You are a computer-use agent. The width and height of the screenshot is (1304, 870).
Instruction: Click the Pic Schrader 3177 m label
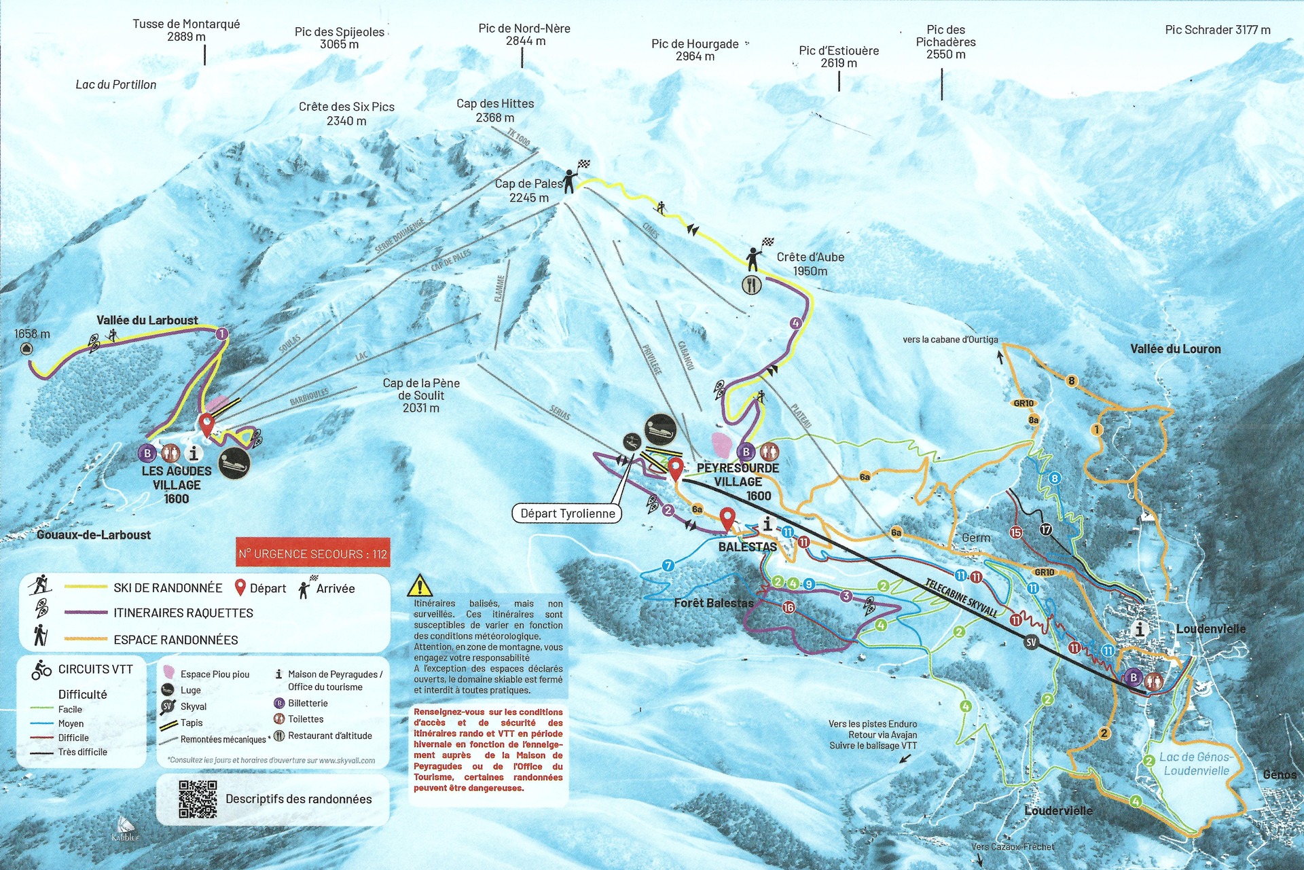(x=1217, y=30)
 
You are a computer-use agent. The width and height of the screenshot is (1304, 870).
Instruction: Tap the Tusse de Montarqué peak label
(x=186, y=30)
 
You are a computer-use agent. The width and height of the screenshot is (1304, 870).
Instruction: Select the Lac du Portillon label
(x=115, y=85)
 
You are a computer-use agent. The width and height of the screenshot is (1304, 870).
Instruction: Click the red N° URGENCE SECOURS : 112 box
(x=312, y=554)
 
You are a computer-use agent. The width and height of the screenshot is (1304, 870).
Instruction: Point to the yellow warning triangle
(x=420, y=585)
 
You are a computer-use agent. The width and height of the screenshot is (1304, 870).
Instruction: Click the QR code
(x=198, y=799)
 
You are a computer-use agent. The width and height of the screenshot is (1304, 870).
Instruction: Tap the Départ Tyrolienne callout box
(x=567, y=513)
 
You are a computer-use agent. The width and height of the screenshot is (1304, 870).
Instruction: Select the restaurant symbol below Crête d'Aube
(x=751, y=285)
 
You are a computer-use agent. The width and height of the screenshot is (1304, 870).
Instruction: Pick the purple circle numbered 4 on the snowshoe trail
(x=796, y=323)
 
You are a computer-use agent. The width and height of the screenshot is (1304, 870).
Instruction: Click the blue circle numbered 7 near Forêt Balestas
(x=668, y=565)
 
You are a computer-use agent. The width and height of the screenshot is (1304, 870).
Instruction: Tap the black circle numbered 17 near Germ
(x=1046, y=529)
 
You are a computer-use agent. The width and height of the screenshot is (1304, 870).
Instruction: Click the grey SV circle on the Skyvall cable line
(x=1031, y=642)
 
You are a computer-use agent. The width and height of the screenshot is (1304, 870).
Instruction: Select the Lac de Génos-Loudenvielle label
(x=1195, y=763)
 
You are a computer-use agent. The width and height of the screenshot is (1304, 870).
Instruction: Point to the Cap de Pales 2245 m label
(x=528, y=190)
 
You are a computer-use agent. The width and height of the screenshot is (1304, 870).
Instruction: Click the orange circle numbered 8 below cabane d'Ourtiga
(x=1072, y=381)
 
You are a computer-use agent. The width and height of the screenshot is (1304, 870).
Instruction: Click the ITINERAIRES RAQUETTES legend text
(x=183, y=613)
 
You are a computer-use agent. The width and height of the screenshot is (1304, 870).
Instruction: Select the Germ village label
(x=976, y=538)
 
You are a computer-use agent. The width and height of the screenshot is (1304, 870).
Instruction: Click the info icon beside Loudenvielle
(x=1140, y=629)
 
